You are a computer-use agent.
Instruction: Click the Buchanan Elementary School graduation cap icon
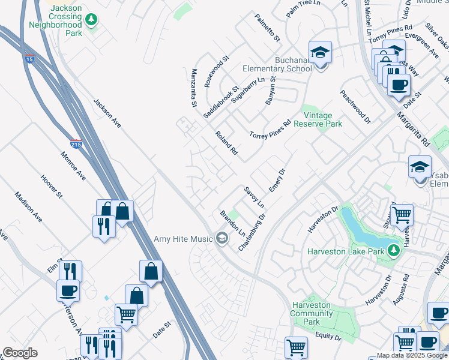tap(320, 53)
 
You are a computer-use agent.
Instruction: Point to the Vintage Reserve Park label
tap(322, 119)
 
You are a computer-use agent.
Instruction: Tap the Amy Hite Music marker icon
tap(221, 239)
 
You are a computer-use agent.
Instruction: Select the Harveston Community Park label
tap(311, 313)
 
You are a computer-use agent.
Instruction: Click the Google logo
tap(20, 353)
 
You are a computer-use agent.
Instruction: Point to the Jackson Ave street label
tap(107, 113)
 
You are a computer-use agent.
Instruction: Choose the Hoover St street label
tap(51, 187)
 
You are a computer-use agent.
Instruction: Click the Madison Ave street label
tap(29, 206)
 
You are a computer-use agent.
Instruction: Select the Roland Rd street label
tap(227, 144)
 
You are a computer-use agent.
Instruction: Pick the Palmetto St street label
tap(267, 28)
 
